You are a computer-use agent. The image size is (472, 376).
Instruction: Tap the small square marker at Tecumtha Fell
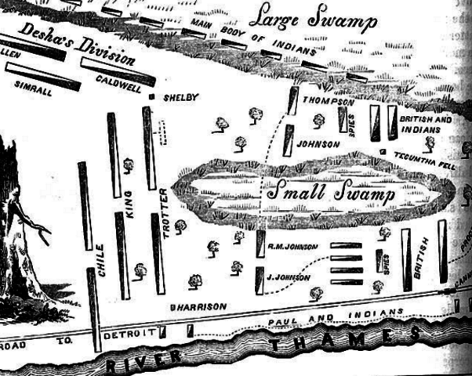[382, 150]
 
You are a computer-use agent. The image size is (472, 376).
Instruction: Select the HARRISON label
[202, 305]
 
